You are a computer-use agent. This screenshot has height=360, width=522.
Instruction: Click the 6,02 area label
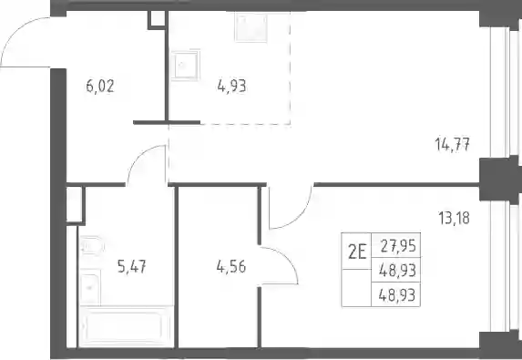(100, 87)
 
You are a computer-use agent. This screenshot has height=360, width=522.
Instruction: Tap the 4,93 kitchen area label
(231, 87)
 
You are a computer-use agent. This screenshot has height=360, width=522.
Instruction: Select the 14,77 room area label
(453, 145)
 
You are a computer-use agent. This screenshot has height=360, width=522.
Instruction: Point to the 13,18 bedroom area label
(454, 218)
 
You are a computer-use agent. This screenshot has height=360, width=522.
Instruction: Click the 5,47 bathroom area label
(132, 267)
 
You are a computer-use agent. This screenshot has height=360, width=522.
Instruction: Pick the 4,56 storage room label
(231, 267)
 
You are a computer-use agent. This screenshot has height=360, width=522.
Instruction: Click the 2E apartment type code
(357, 252)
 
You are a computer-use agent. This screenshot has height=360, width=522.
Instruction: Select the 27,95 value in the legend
(398, 246)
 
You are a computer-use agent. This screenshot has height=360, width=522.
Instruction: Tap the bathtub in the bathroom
(126, 326)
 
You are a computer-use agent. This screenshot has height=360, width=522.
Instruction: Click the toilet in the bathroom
(92, 246)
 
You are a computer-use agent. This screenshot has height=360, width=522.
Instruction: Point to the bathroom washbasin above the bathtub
(90, 287)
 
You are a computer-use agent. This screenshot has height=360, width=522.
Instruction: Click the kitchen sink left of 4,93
(185, 65)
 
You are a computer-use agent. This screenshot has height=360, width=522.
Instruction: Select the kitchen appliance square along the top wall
(251, 27)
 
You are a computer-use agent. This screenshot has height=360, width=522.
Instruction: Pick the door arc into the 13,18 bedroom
(300, 217)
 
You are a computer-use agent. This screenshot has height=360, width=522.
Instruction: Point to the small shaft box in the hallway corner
(157, 20)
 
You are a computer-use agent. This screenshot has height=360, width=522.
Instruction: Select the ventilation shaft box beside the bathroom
(76, 205)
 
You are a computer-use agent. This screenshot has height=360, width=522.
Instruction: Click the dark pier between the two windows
(499, 180)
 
